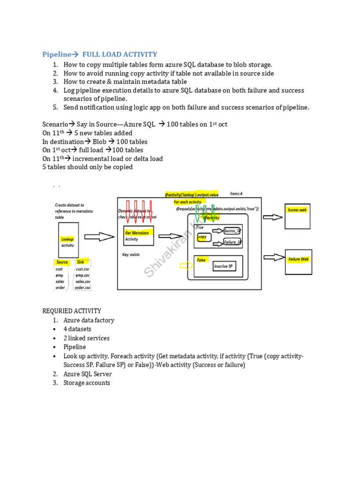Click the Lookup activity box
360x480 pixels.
click(67, 242)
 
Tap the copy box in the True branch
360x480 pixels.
click(204, 238)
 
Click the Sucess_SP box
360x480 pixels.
click(232, 231)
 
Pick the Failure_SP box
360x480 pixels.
click(232, 242)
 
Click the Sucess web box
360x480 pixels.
click(297, 216)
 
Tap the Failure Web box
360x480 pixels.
click(298, 262)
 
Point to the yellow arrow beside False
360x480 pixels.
click(186, 266)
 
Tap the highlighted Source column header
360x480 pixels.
click(62, 262)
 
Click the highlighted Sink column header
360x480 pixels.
click(80, 262)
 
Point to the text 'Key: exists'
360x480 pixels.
click(131, 255)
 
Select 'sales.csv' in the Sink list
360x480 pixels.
click(83, 281)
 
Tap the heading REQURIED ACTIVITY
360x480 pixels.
click(72, 311)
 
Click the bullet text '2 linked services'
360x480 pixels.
click(86, 338)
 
